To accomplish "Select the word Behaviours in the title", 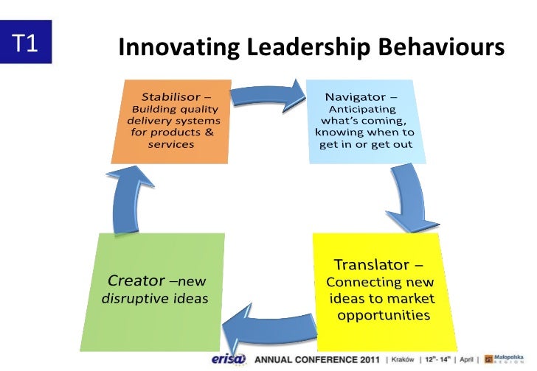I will tap(441, 49).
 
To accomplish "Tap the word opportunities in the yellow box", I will tap(384, 315).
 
